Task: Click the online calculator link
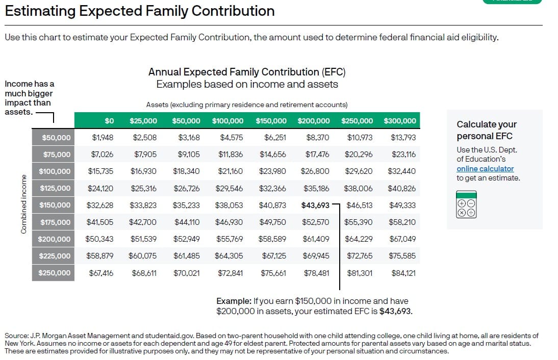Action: tap(485, 169)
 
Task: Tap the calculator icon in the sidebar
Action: tap(466, 204)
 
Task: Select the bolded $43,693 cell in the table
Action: tap(315, 205)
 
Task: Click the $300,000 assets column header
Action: tap(400, 120)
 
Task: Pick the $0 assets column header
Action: tap(109, 120)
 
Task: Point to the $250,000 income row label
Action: tap(55, 273)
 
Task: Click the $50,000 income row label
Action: tap(56, 138)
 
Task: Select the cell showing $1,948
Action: tap(103, 137)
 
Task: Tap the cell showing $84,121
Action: tap(403, 273)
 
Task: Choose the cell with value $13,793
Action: tap(403, 137)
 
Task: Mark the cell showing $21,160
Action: tap(230, 171)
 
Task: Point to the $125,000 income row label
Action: tap(55, 188)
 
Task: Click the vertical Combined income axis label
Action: tap(24, 204)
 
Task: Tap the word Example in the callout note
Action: tap(234, 301)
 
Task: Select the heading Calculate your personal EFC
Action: tap(487, 130)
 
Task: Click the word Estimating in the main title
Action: tap(40, 11)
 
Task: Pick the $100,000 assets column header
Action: tap(228, 120)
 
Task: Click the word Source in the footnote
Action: tap(16, 336)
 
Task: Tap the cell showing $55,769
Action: tap(230, 239)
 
